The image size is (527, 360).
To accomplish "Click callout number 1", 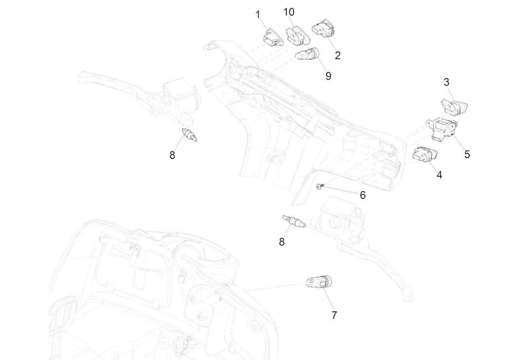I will click(258, 15).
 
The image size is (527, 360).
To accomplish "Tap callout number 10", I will click(289, 12).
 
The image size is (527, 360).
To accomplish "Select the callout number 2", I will click(337, 55).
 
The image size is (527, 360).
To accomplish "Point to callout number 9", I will click(328, 76).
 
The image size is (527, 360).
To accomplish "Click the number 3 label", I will click(446, 82).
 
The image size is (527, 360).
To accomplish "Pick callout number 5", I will click(467, 154).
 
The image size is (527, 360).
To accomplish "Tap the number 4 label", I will click(439, 175).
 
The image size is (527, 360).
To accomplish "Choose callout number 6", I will click(363, 195).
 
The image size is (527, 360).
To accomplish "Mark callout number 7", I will click(334, 315).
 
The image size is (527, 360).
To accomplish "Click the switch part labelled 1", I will click(273, 37).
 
